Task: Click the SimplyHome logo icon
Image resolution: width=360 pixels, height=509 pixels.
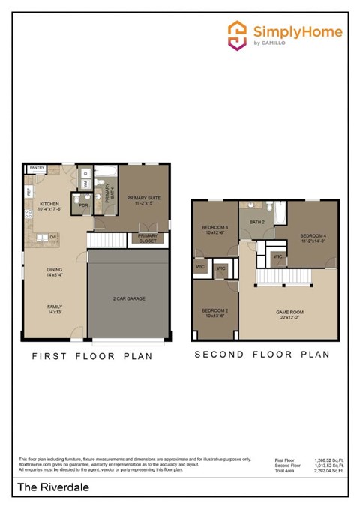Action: click(238, 35)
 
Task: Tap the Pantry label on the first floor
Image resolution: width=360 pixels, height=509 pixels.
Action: click(36, 169)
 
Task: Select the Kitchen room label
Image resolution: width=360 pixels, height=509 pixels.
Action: click(49, 206)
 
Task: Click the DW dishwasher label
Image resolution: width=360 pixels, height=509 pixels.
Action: click(53, 237)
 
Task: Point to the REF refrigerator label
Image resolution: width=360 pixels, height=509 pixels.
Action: click(28, 192)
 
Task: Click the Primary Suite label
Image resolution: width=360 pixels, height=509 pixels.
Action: click(144, 199)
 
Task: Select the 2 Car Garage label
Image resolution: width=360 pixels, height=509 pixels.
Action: click(130, 298)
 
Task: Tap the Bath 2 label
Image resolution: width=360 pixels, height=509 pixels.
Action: click(258, 221)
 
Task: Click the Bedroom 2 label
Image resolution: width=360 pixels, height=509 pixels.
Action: click(215, 313)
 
